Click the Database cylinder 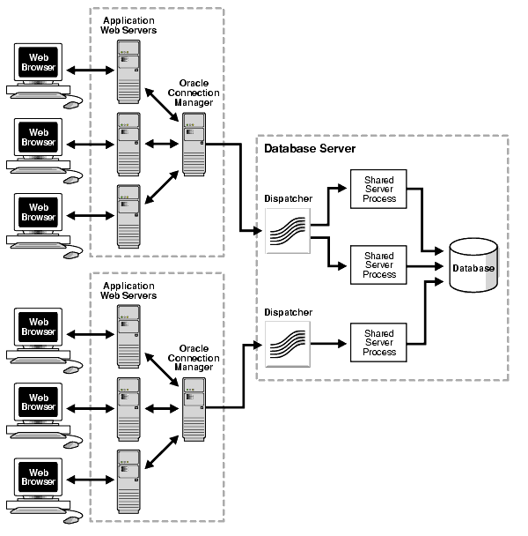(x=473, y=267)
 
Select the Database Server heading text (x=310, y=148)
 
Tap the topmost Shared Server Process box (x=379, y=190)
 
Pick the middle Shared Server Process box (x=379, y=264)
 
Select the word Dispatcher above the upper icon (x=288, y=198)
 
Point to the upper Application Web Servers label (x=129, y=26)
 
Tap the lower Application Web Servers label (x=129, y=291)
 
